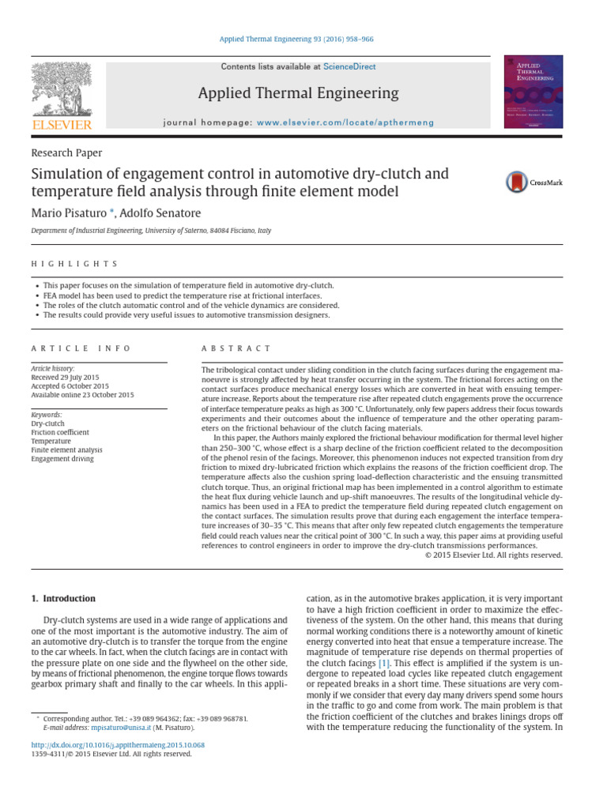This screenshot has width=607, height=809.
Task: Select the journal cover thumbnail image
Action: tap(533, 92)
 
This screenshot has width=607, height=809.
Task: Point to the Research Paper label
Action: tap(66, 153)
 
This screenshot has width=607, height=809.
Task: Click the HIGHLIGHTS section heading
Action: tap(74, 263)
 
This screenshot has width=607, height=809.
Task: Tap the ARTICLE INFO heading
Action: tap(81, 348)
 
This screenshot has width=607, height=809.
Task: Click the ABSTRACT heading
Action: tap(236, 348)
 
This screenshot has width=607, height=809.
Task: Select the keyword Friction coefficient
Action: tap(60, 432)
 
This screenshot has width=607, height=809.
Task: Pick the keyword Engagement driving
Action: tap(62, 458)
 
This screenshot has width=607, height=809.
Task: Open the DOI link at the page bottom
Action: tap(118, 743)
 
